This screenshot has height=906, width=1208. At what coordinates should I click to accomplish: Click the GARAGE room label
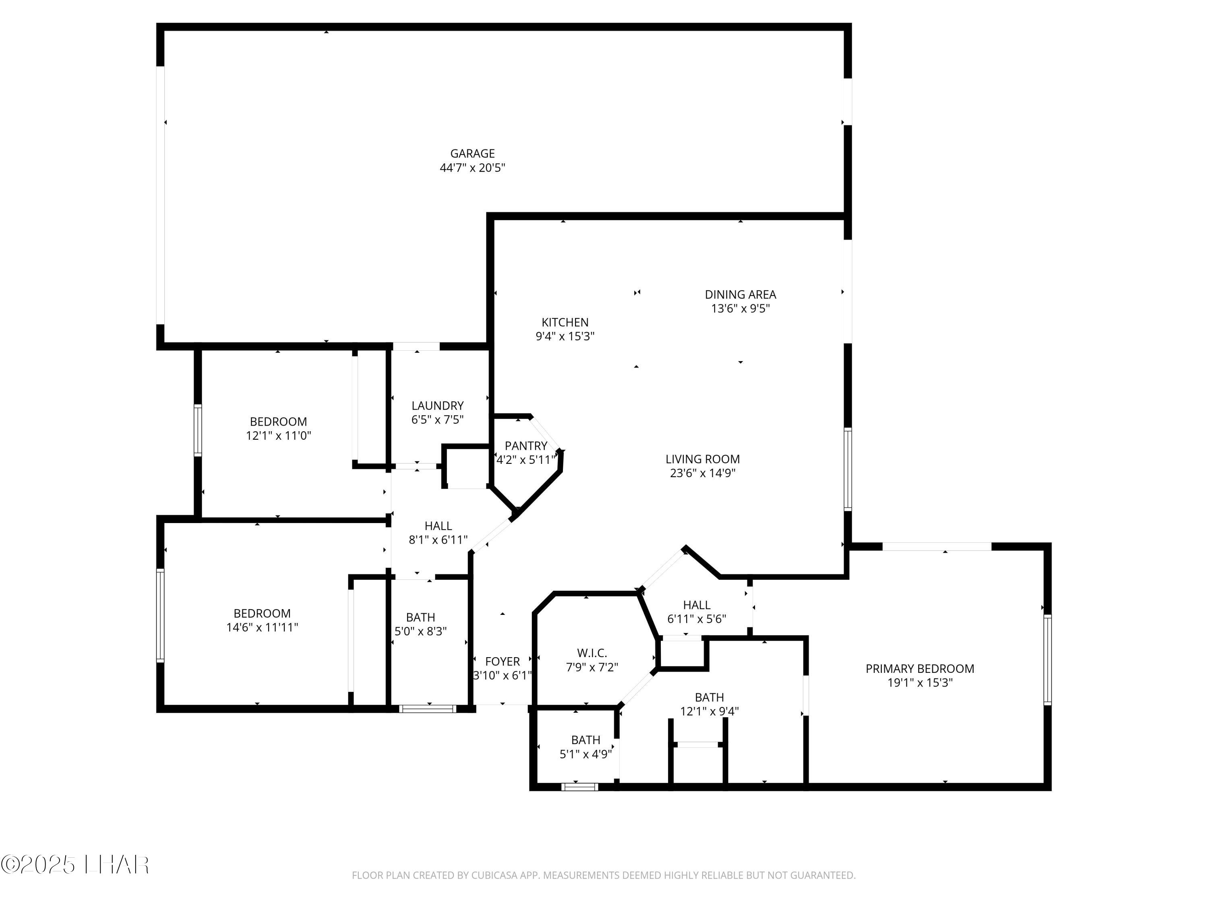pos(472,153)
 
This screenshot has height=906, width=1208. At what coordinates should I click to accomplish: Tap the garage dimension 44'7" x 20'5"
pos(472,168)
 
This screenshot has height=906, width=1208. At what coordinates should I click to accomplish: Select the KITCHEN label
pos(565,322)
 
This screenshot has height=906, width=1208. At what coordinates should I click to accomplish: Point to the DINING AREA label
pos(740,294)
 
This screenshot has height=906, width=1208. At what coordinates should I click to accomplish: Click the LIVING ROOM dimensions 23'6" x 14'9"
pos(702,473)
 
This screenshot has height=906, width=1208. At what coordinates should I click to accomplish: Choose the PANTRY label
pos(525,446)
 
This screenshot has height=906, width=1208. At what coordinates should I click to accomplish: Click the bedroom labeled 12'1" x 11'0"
pos(279,429)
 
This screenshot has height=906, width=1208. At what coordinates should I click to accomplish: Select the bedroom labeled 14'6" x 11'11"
pos(262,621)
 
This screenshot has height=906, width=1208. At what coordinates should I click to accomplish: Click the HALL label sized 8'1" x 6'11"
pos(438,532)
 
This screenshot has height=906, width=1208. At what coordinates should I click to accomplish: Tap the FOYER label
pos(503,661)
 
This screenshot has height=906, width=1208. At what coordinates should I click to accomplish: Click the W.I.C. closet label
pos(592,653)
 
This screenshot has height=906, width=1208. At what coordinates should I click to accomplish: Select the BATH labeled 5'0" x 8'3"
pos(420,624)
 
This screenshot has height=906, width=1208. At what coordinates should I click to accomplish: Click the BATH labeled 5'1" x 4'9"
pos(585,747)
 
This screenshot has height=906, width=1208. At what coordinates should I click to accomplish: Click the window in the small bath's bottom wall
pos(579,787)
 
